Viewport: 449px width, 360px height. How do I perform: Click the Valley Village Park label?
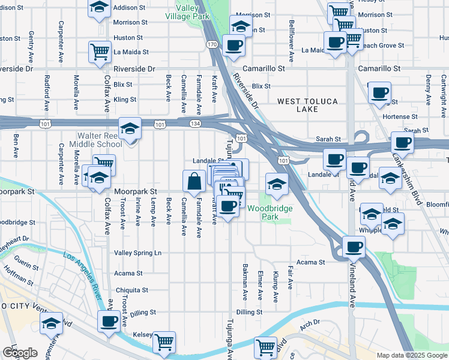point(192,13)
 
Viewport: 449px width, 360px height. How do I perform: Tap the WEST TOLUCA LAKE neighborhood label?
point(307,105)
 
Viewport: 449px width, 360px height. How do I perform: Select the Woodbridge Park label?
point(270,212)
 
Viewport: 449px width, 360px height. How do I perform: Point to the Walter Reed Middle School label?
point(99,140)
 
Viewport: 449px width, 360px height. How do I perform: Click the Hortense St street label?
point(401,116)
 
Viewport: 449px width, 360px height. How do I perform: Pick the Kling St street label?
point(125,100)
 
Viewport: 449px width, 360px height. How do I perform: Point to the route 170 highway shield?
point(212,44)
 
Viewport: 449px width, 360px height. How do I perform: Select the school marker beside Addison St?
point(99,8)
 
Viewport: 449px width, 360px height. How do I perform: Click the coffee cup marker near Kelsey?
point(109,322)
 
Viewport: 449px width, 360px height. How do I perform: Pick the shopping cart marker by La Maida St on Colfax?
point(99,51)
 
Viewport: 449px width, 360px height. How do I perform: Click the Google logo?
point(20,353)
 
